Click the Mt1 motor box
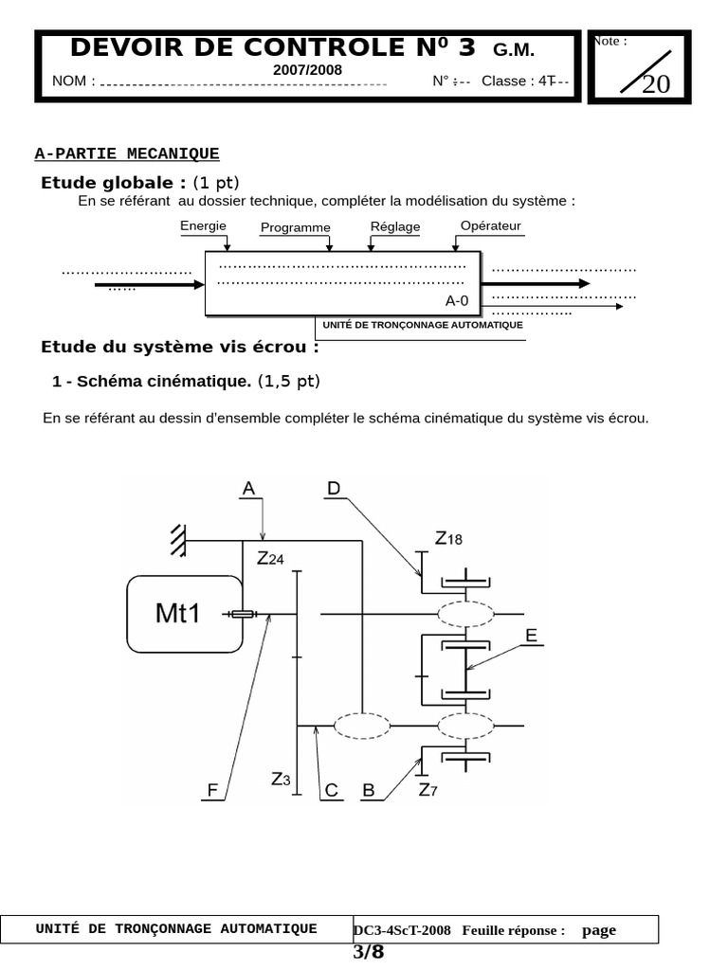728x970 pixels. [x=184, y=614]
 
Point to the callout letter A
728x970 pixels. [x=248, y=489]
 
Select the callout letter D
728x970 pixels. [x=334, y=489]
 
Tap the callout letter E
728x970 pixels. [x=532, y=637]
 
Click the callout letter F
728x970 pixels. [x=213, y=790]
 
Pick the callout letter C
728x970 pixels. [x=331, y=790]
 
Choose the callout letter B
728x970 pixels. [x=369, y=790]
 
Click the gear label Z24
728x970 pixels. [x=270, y=559]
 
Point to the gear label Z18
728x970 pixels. [x=448, y=539]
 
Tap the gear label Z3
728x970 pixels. [x=281, y=780]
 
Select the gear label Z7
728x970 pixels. [x=428, y=789]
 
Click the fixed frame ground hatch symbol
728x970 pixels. [x=177, y=540]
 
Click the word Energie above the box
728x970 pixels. [x=203, y=225]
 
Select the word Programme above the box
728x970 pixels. [x=295, y=227]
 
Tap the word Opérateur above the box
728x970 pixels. [x=490, y=225]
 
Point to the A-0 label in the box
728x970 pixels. [x=457, y=301]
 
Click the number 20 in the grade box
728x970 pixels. [x=655, y=84]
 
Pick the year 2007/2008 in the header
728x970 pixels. [x=308, y=70]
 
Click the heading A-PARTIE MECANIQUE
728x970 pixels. [x=126, y=153]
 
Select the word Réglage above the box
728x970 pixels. [x=394, y=227]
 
